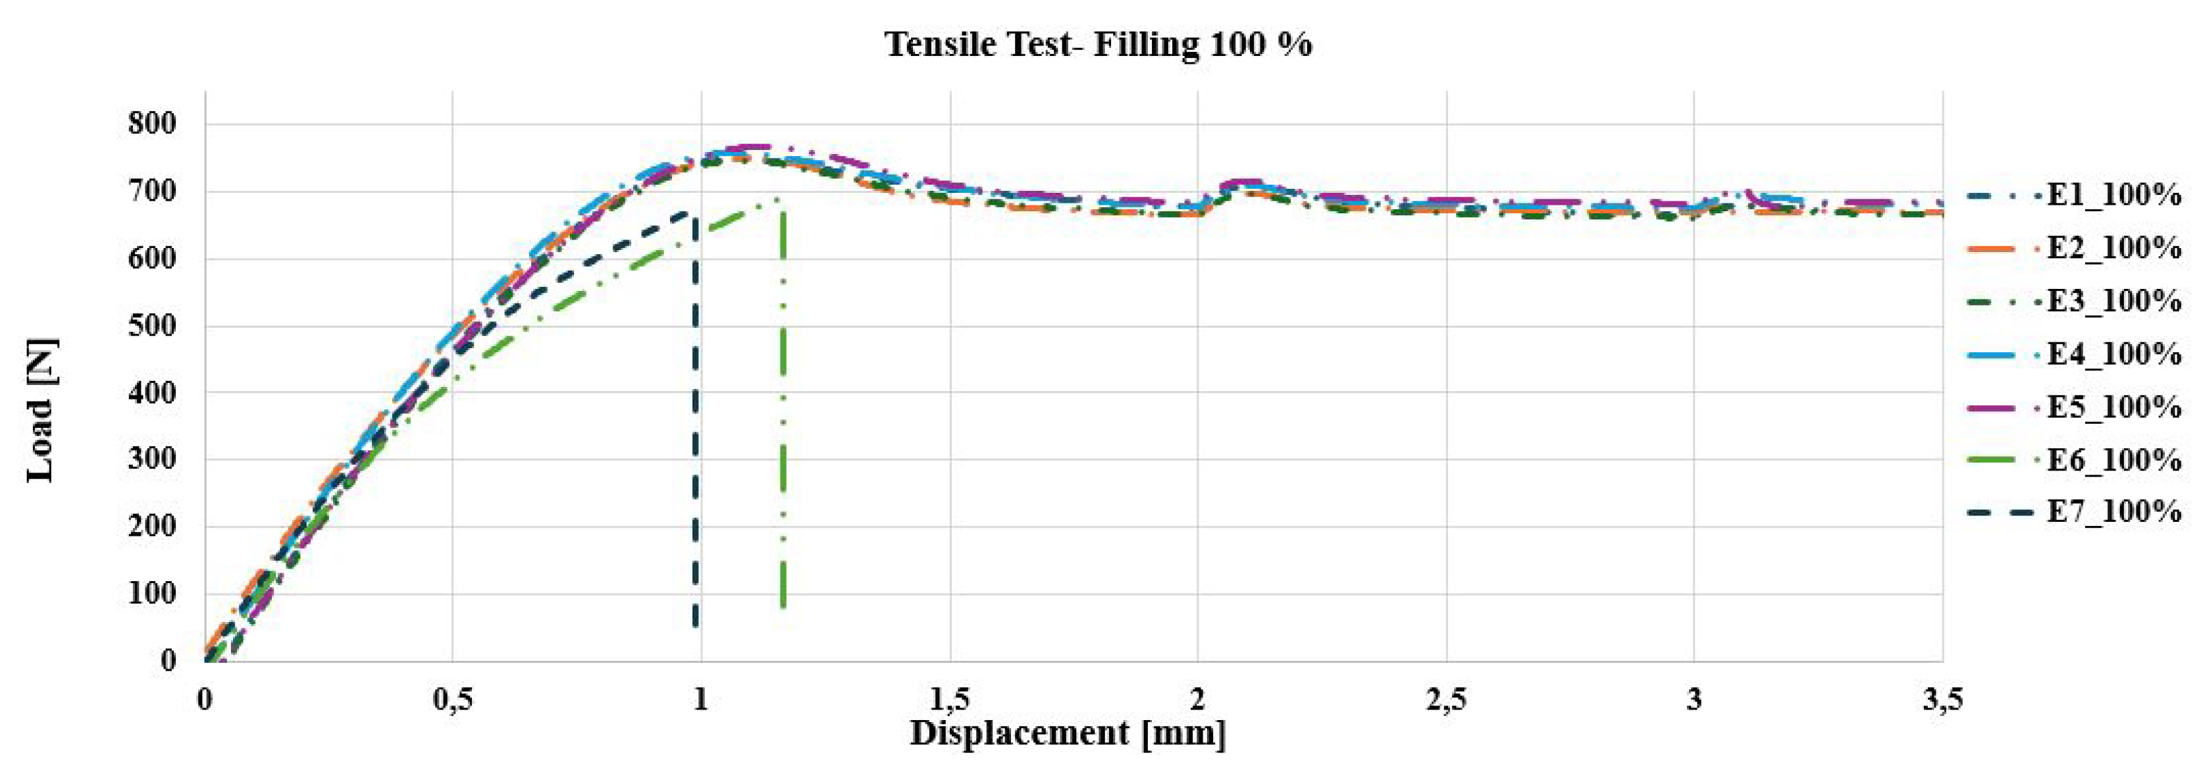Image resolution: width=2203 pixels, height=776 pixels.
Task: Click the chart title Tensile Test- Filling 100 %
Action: point(1098,45)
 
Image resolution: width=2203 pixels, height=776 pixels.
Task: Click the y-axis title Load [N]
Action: point(41,411)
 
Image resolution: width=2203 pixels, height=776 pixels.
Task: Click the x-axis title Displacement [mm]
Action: point(1068,733)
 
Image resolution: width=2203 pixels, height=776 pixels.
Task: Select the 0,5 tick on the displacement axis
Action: point(452,700)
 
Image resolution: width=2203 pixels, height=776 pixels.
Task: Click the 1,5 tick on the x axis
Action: point(949,700)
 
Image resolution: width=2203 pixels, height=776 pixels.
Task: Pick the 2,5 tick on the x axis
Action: point(1446,700)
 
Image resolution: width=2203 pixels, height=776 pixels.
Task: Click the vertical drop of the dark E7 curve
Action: point(694,428)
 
